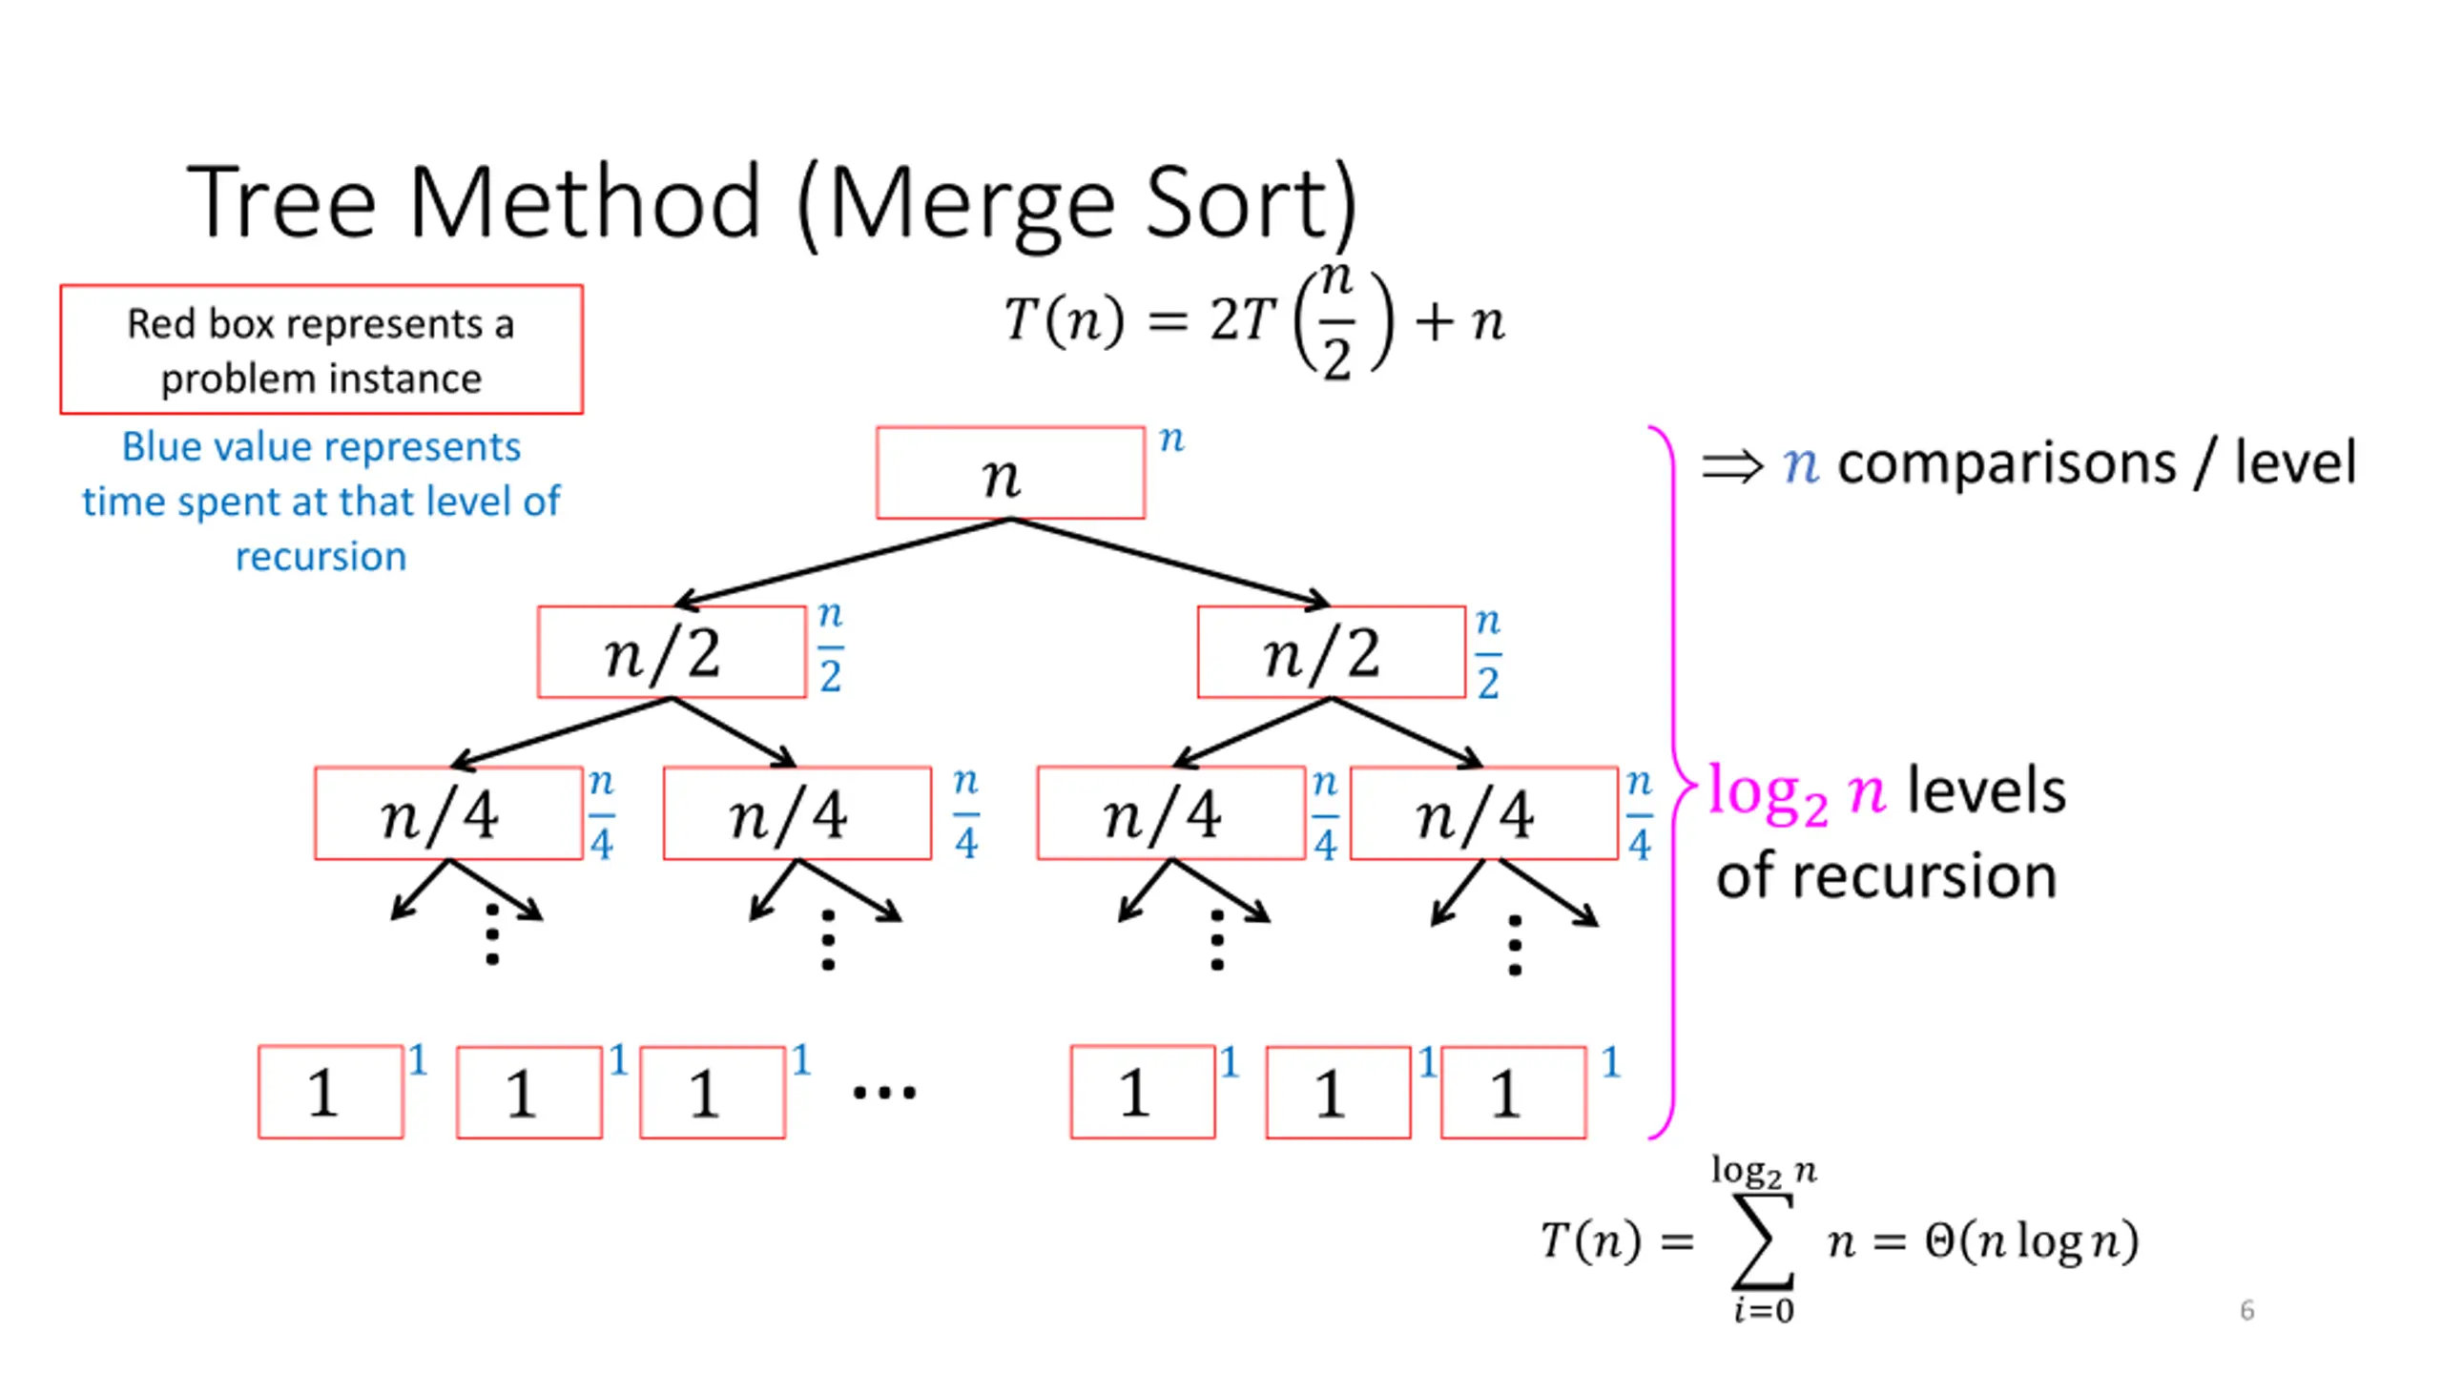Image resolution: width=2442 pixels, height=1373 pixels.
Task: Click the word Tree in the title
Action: [x=282, y=203]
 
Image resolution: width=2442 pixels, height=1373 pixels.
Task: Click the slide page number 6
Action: [x=2247, y=1310]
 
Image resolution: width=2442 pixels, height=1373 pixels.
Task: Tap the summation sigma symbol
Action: [x=1763, y=1240]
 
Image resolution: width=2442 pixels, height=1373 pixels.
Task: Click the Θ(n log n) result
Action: [x=2032, y=1241]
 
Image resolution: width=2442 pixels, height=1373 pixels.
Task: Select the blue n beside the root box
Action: [x=1171, y=440]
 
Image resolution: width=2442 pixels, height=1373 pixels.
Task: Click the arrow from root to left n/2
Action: [x=842, y=563]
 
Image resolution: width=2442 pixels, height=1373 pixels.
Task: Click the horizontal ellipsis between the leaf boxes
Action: [x=884, y=1093]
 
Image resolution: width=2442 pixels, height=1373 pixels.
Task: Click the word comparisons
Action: [x=2007, y=464]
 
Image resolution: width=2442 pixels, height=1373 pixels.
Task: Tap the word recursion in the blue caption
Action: [x=321, y=556]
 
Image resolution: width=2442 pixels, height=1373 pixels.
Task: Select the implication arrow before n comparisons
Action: [x=1732, y=466]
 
